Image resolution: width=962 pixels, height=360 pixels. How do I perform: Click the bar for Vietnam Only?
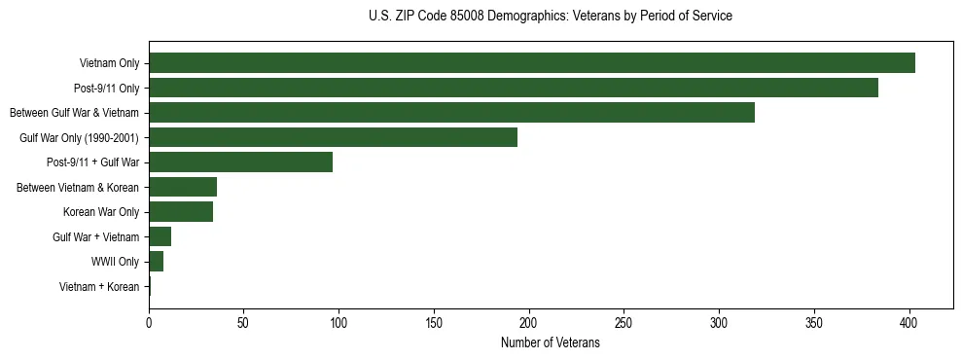point(531,63)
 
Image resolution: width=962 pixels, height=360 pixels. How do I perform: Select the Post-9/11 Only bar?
point(513,88)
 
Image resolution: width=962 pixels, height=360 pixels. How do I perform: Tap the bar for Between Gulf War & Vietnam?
point(451,113)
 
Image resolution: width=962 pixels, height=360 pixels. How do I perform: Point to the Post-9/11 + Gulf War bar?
point(240,162)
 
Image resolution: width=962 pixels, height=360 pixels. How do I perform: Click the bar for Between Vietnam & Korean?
point(183,187)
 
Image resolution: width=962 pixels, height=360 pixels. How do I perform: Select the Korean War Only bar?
point(181,212)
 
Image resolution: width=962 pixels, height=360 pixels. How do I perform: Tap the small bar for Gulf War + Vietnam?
point(160,236)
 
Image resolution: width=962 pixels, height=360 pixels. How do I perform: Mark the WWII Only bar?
point(157,262)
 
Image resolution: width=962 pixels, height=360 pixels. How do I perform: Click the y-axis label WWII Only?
point(115,262)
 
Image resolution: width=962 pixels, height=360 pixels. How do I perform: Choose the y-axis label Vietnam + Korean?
point(99,287)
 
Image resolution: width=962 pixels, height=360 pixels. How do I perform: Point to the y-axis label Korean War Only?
point(101,212)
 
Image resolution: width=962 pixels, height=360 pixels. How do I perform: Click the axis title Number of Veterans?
point(550,343)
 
